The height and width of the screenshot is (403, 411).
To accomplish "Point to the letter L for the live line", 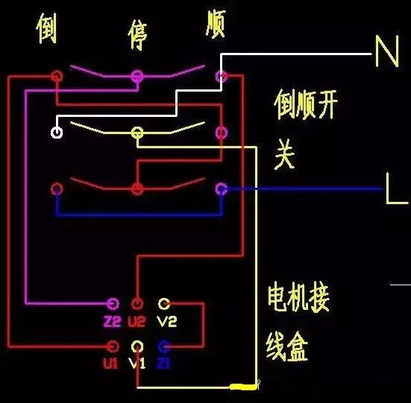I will [395, 190].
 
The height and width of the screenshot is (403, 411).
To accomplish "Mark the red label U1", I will [112, 364].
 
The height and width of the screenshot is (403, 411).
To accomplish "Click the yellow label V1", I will [137, 364].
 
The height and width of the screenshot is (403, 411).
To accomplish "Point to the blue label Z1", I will [165, 364].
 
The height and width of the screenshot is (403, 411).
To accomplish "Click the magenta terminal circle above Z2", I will [113, 304].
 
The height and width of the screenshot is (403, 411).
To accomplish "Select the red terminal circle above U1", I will [113, 346].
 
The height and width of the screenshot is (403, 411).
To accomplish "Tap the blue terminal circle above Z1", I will [165, 346].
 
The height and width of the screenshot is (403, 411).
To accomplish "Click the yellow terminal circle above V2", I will [165, 304].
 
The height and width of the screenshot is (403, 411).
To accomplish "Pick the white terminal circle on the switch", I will [56, 133].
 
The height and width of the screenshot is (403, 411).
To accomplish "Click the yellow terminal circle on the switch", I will [137, 133].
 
